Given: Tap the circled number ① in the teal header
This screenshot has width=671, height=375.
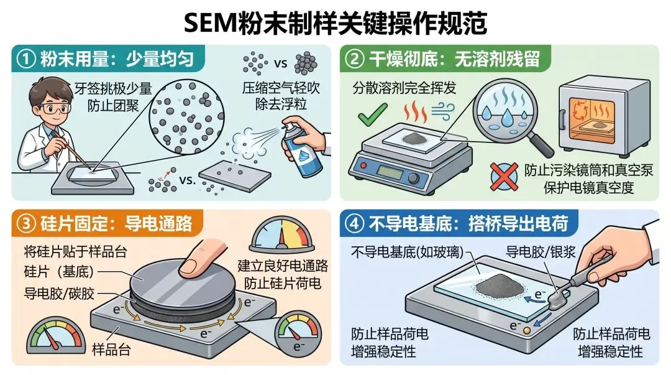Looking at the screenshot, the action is click(25, 59).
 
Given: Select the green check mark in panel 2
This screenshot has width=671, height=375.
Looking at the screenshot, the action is click(372, 114).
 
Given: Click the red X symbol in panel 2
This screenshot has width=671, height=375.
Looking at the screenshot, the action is click(504, 177).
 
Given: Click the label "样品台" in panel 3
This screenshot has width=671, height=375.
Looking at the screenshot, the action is click(112, 350).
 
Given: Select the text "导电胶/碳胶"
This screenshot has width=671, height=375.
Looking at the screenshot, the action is click(59, 294).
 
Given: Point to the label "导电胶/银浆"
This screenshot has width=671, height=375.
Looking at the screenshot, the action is click(541, 252).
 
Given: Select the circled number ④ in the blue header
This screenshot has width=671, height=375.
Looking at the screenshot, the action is click(354, 224).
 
